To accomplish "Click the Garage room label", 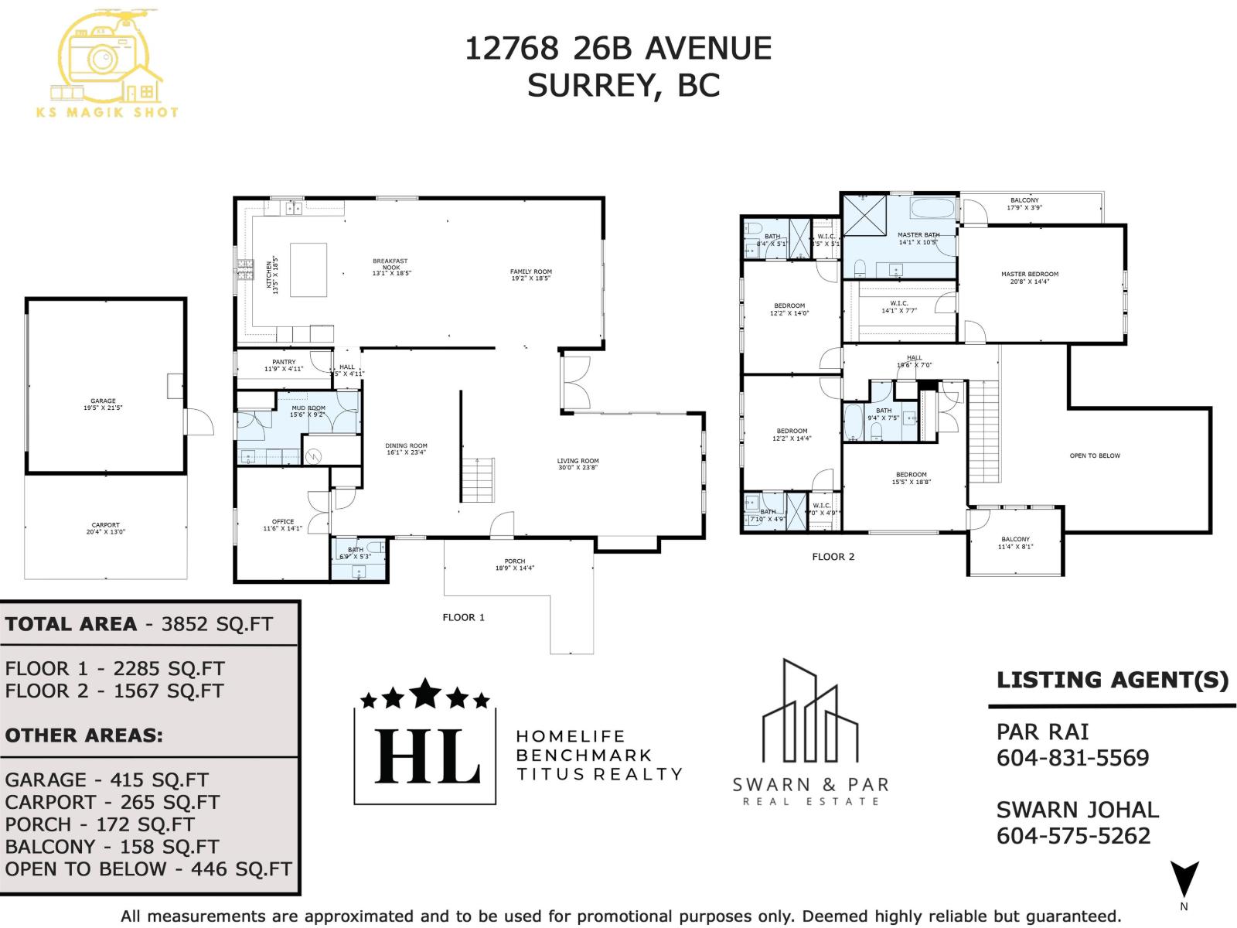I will [104, 404].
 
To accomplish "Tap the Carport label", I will [106, 528].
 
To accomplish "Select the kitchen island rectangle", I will [308, 269].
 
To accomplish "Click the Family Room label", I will [530, 275].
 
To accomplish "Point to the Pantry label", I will [284, 365].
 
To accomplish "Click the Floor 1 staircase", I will [478, 479].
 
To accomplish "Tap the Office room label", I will [283, 525].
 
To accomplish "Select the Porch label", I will [515, 565].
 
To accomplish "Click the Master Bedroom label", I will [1029, 278].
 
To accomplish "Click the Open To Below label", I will [1094, 455].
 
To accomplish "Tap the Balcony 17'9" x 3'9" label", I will [1024, 203].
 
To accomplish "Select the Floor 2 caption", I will [833, 557].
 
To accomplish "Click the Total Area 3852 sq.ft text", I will [139, 624].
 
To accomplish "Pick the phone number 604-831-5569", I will [1072, 758].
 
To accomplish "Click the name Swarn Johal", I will [1077, 810].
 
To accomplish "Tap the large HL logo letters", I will [426, 756].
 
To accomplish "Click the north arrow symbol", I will [1184, 879].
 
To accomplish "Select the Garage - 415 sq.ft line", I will [107, 780].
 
